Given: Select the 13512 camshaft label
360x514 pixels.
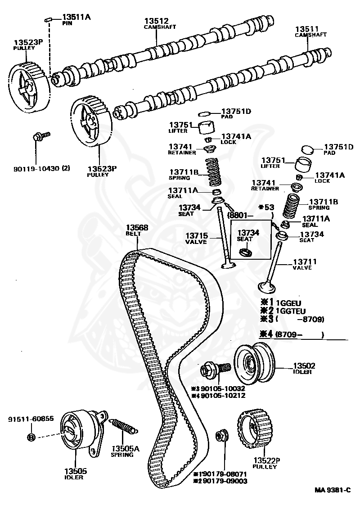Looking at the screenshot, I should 156,21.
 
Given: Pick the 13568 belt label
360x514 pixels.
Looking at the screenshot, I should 137,228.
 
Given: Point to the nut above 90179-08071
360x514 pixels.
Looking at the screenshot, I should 221,435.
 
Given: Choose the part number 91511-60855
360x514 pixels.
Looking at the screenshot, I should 31,419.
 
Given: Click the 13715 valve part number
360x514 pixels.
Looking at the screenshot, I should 195,235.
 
